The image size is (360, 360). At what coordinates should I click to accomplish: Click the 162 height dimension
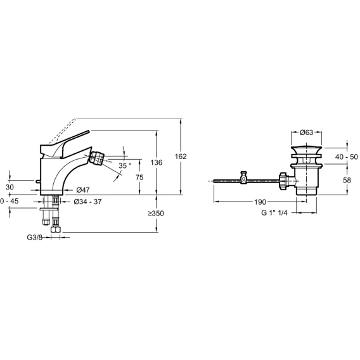(181, 157)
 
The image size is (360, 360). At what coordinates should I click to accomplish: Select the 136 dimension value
(157, 162)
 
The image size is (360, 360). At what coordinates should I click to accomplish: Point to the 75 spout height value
(139, 177)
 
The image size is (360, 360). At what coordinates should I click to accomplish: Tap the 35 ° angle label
(125, 165)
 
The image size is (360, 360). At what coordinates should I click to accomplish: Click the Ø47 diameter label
(83, 190)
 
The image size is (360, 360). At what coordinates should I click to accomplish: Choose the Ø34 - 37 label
(87, 202)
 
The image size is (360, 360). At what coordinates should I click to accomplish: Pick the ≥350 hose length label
(156, 214)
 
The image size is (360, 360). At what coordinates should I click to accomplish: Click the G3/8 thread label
(35, 238)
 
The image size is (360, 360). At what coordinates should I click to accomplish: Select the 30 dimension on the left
(10, 188)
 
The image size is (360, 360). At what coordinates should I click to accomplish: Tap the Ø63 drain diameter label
(307, 132)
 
